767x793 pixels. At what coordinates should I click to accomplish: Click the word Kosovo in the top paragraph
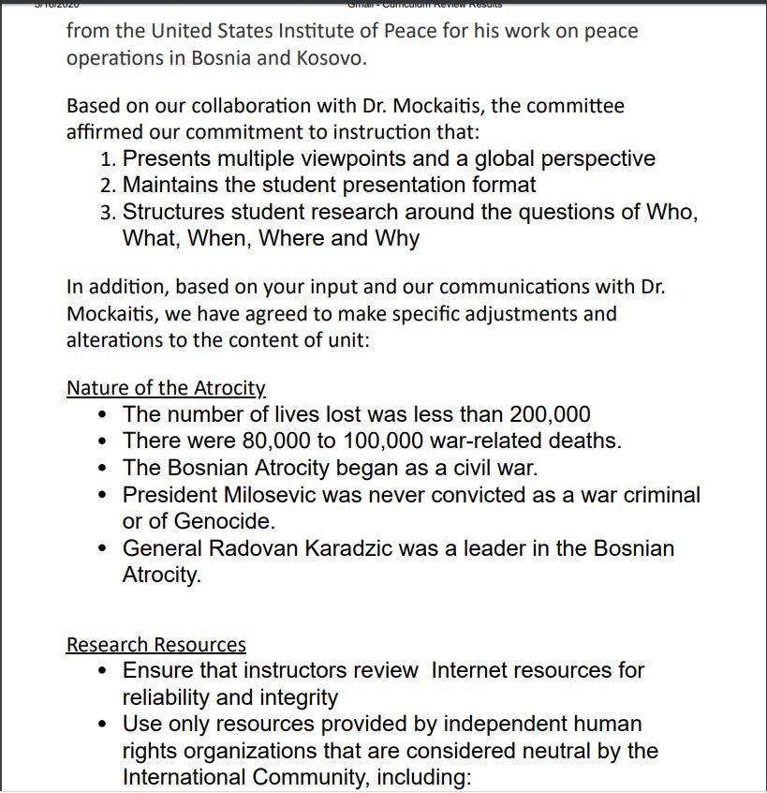329,58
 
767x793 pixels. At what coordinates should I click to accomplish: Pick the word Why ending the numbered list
397,238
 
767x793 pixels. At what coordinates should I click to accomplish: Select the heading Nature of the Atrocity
166,388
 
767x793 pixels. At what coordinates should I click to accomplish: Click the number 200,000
550,414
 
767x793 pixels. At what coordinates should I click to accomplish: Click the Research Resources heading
156,645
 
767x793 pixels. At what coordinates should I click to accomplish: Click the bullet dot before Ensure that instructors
102,671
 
